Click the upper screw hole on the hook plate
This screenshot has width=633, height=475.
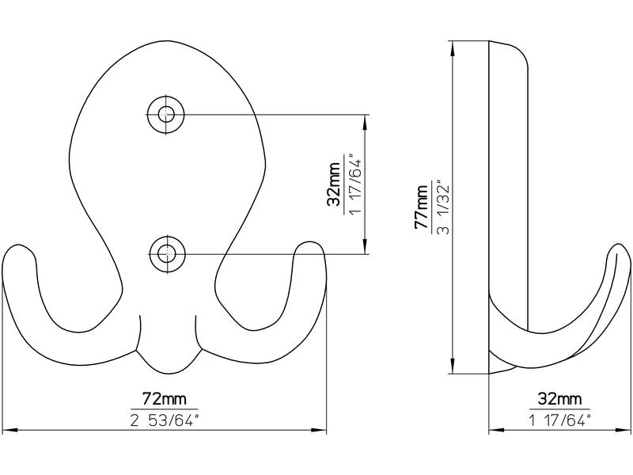(x=165, y=115)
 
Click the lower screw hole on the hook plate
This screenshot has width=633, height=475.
(x=167, y=254)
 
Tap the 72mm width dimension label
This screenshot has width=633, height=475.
(x=165, y=399)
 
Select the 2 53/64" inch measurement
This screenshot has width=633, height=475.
(x=165, y=421)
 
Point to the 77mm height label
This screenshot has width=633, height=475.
(x=422, y=207)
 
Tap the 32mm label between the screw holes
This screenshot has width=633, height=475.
(x=334, y=184)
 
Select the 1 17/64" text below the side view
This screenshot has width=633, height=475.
(x=559, y=421)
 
